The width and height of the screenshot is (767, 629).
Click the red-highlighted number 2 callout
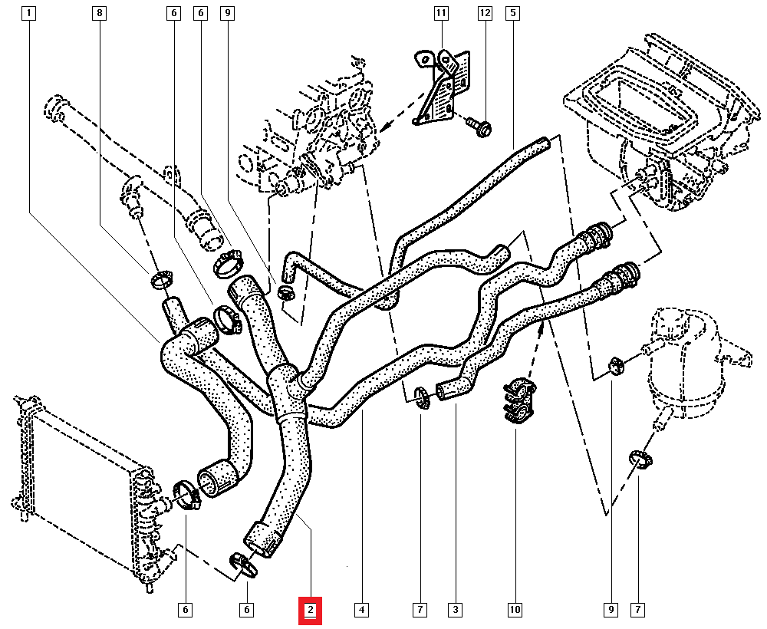coord(311,611)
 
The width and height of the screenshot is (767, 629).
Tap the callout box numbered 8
coord(99,13)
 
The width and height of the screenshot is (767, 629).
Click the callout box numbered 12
coord(485,13)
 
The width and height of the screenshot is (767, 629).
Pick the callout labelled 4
coord(361,611)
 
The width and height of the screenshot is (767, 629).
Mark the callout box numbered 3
coord(456,611)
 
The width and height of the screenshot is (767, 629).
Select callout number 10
coord(515,611)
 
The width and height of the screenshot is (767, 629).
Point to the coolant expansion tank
coord(684,361)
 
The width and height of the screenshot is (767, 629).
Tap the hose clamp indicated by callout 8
coord(161,279)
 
